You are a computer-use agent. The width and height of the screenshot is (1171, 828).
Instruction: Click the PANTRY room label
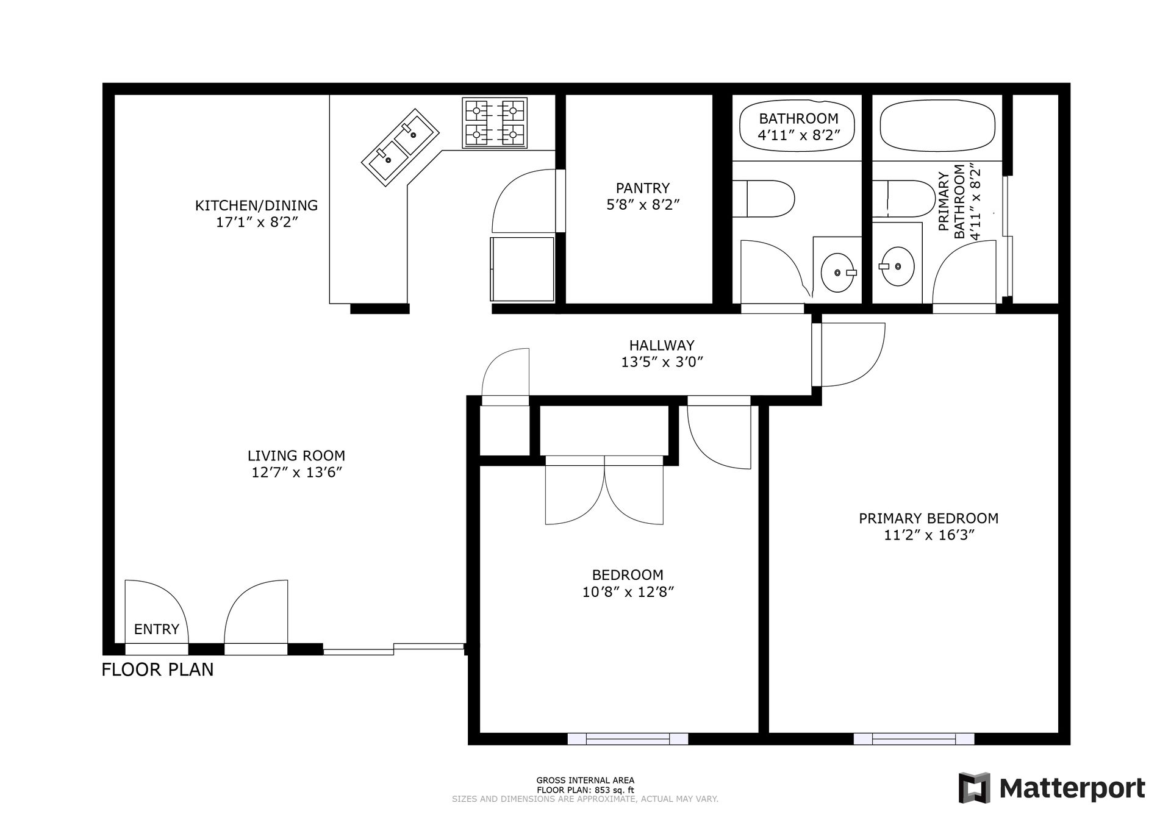(642, 188)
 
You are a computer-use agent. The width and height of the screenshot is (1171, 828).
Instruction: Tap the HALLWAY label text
(662, 346)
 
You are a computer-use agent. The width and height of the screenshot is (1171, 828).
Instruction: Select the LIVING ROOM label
(296, 455)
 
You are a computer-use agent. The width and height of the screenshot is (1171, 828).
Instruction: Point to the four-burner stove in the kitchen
(495, 123)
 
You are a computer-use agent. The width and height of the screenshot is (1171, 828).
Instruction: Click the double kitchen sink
(401, 147)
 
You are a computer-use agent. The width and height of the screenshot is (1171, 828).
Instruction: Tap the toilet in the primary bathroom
(903, 198)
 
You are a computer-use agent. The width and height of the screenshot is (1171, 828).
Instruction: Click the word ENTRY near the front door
(157, 629)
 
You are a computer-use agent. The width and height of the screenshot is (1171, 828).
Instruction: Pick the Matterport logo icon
(974, 788)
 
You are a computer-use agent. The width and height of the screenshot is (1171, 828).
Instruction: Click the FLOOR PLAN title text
(157, 669)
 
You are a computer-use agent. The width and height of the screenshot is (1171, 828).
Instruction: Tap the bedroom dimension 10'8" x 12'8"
(628, 591)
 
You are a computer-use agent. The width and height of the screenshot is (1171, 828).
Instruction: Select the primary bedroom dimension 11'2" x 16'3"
(929, 535)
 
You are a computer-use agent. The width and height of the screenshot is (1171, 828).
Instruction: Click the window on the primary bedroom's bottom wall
(914, 739)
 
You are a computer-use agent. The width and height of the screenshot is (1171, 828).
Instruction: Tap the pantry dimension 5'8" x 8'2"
(643, 204)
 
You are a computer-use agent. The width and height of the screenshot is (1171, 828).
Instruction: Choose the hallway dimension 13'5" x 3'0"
(662, 362)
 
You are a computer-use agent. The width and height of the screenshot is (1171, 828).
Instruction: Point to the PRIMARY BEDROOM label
(929, 518)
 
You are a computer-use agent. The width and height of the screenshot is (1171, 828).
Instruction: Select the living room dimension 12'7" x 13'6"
(296, 472)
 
